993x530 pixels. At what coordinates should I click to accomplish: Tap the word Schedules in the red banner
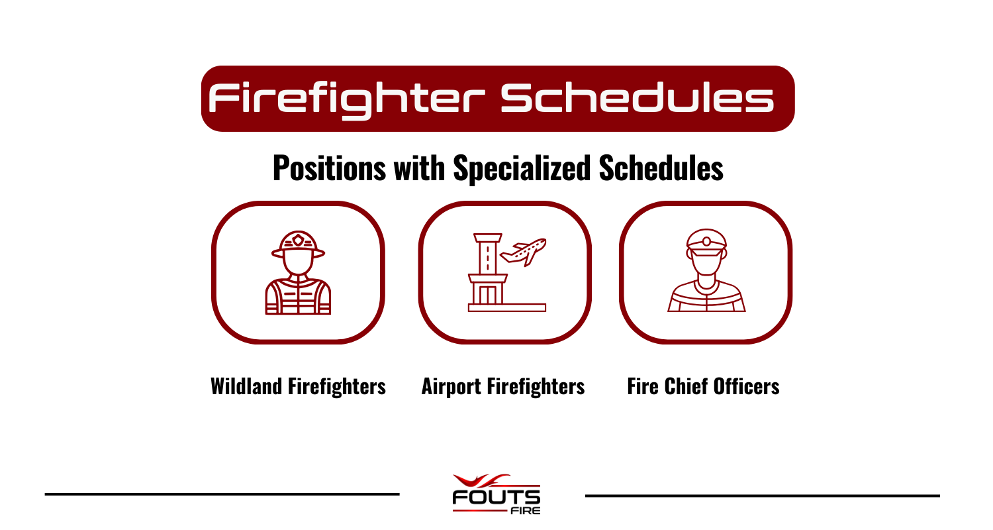click(x=636, y=99)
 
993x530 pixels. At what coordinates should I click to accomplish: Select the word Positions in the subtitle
click(x=329, y=168)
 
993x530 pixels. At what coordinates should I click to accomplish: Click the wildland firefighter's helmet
click(x=298, y=244)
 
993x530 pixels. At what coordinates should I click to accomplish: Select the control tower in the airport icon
click(x=487, y=272)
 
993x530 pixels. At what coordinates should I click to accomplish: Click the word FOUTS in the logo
click(x=496, y=497)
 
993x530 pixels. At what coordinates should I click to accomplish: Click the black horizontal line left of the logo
click(x=222, y=494)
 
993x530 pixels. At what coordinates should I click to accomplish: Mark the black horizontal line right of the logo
click(x=762, y=496)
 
